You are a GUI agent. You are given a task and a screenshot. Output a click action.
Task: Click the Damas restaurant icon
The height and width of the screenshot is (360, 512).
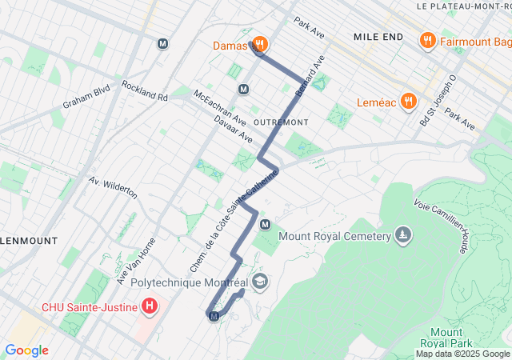[259, 45]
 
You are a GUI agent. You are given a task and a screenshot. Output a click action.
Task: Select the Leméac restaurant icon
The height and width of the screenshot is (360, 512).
[408, 100]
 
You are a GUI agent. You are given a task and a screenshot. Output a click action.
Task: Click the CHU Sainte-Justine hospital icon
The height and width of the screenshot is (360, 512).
[149, 305]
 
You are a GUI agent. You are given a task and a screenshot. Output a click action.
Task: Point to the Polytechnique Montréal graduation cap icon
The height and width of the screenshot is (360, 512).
[260, 282]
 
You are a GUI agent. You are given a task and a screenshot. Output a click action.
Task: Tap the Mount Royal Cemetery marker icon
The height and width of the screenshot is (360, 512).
[404, 236]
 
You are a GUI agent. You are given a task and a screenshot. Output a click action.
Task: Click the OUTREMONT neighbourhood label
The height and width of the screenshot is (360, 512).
[280, 122]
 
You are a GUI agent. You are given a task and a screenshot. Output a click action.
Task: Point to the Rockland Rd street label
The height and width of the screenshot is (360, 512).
[145, 91]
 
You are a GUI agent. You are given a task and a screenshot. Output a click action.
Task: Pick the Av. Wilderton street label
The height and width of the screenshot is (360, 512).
[113, 188]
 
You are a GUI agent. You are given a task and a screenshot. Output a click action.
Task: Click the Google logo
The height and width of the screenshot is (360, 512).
[26, 350]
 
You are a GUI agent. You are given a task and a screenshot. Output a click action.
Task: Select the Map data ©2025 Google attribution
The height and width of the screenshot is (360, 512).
[462, 354]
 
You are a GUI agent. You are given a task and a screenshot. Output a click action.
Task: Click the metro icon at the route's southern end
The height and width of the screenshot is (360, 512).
[214, 317]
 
